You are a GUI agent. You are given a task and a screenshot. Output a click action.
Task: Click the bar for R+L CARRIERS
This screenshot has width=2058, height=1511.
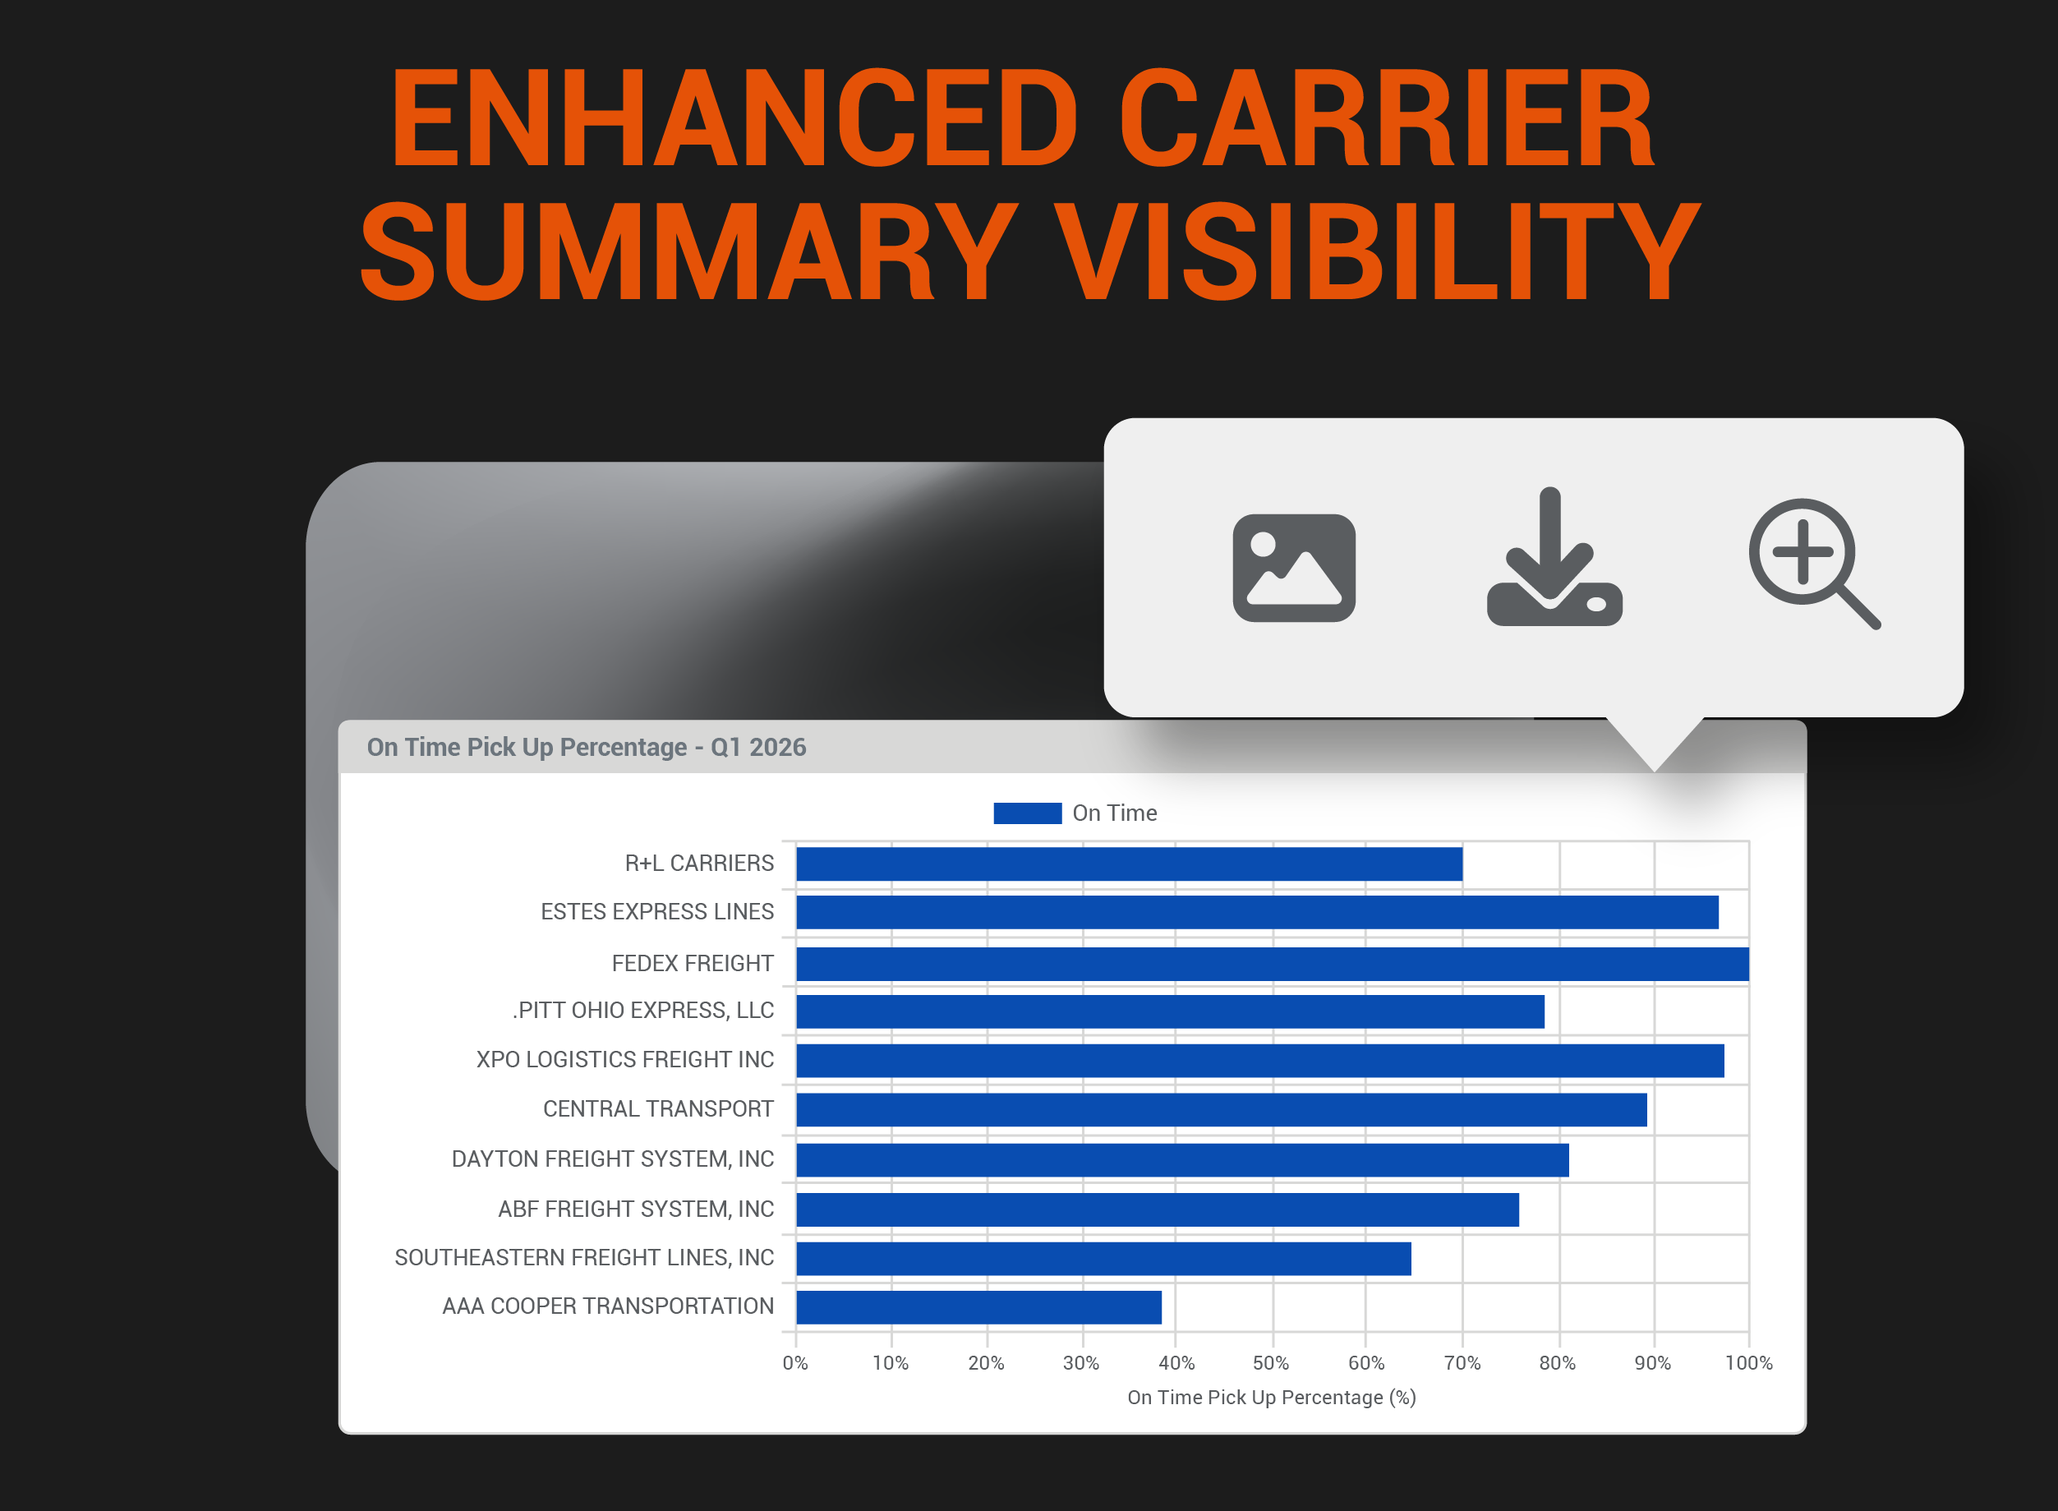pos(1129,864)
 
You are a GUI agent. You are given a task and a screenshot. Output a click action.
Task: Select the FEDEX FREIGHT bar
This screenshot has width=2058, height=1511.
pos(1273,964)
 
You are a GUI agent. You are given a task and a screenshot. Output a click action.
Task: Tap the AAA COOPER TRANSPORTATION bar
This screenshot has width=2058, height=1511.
pos(978,1307)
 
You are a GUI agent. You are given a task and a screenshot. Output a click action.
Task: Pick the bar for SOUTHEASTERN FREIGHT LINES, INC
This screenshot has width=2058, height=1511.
pos(1103,1259)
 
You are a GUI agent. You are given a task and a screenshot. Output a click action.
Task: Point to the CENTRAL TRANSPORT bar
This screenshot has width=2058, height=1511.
pos(1221,1109)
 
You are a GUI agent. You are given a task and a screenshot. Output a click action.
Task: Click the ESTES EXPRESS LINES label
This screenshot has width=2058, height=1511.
pos(656,912)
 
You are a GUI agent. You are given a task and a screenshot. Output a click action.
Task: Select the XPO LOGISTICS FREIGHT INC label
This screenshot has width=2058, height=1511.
pos(624,1059)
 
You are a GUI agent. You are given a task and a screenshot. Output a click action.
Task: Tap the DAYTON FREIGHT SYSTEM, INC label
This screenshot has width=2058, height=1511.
pos(613,1159)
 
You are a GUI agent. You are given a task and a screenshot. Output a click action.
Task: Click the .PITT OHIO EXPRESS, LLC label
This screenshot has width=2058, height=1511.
pos(643,1010)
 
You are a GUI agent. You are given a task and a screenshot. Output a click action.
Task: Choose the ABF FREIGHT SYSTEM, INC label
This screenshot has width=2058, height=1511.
pos(636,1209)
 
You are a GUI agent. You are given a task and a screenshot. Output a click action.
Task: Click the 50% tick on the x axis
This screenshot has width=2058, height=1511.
pos(1270,1363)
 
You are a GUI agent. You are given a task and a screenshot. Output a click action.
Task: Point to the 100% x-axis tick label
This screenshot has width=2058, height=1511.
pos(1749,1363)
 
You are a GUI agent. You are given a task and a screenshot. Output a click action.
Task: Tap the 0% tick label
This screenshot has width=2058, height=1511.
pos(794,1363)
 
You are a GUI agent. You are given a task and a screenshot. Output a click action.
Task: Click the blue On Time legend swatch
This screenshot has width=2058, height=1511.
pos(1027,813)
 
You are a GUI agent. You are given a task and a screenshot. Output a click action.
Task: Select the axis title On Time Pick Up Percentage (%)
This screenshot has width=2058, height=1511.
pos(1272,1398)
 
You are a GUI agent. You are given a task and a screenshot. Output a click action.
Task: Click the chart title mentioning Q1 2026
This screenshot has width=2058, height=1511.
pos(587,747)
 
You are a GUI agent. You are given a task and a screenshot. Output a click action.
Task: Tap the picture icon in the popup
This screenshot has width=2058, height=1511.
pos(1294,568)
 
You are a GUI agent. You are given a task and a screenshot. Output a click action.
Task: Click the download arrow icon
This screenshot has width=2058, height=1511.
pos(1555,556)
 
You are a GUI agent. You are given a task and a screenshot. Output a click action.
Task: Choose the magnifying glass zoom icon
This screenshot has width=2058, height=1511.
pos(1815,564)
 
